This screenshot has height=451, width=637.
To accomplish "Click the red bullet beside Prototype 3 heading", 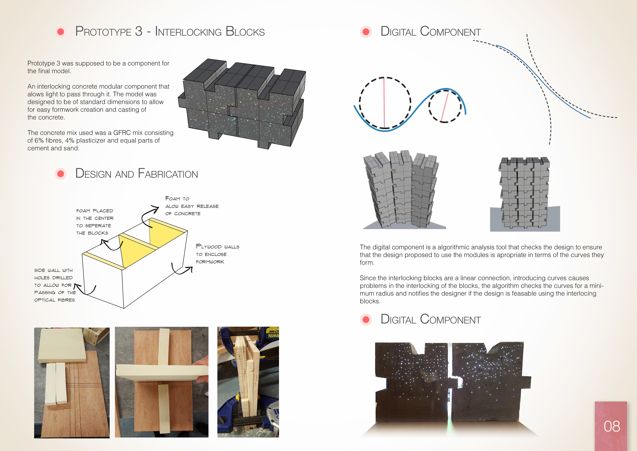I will [x=61, y=32].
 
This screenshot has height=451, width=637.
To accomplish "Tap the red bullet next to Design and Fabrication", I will [x=61, y=174].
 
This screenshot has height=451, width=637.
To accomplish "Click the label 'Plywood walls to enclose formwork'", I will [x=217, y=254].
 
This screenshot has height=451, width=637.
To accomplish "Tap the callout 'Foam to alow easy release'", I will [x=191, y=206].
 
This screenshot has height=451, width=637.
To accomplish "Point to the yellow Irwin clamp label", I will [x=273, y=333].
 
